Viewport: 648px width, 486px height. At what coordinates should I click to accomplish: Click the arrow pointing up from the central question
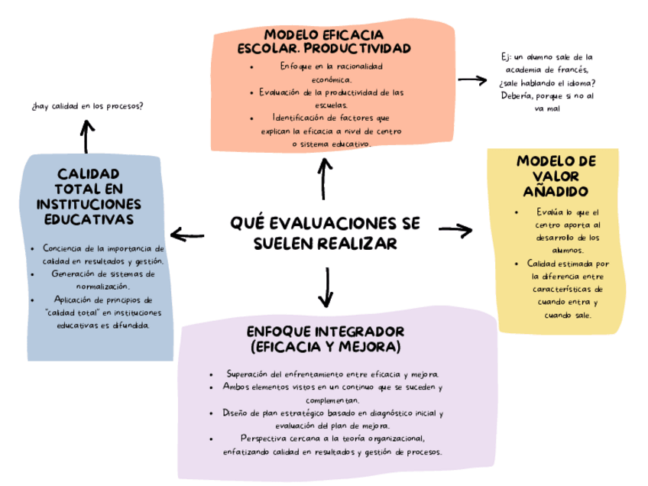point(324,178)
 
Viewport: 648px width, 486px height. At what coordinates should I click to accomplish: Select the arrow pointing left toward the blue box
point(187,235)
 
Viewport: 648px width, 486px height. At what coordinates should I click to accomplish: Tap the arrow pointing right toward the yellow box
point(456,229)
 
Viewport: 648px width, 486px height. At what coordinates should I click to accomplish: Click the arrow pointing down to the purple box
point(328,287)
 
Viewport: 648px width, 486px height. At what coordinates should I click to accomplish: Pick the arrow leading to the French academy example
point(472,79)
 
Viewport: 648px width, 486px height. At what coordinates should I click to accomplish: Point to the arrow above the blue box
point(87,136)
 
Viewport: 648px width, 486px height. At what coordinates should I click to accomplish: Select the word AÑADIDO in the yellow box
point(556,190)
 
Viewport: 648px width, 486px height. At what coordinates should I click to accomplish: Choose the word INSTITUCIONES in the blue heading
point(89,204)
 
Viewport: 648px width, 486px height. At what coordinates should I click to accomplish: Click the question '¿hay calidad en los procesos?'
point(88,105)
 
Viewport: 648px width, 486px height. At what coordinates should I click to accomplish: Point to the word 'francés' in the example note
point(572,70)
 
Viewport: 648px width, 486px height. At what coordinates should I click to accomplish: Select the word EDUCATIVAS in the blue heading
point(89,219)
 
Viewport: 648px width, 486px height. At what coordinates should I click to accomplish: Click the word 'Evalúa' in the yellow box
point(550,212)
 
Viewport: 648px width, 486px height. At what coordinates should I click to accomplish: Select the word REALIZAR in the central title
point(358,243)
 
